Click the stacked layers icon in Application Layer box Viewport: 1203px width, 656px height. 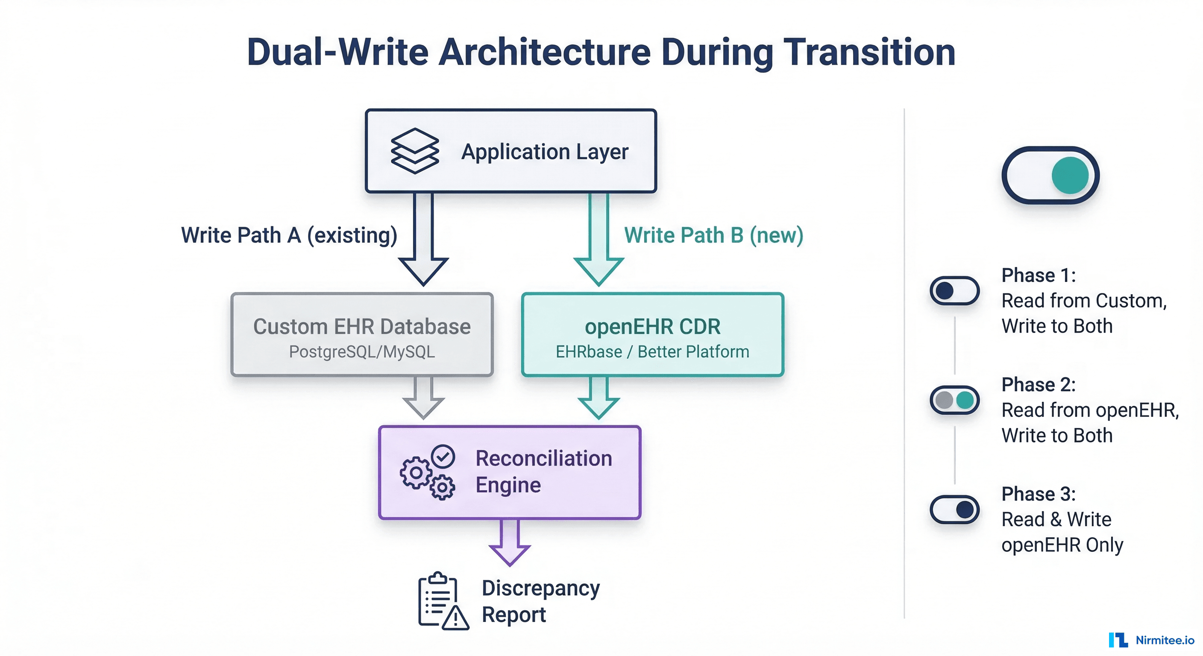click(415, 151)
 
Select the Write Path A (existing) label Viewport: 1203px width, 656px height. click(289, 235)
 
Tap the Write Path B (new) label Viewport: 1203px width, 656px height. click(713, 235)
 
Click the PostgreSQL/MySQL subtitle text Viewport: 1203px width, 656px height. click(362, 351)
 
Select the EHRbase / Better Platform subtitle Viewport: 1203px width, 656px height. click(652, 351)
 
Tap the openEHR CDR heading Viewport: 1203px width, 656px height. click(652, 326)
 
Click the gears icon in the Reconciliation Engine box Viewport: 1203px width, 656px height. click(427, 472)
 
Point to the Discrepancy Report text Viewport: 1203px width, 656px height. click(540, 601)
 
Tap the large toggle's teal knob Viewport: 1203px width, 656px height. click(1070, 176)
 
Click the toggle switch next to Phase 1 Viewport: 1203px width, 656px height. click(954, 291)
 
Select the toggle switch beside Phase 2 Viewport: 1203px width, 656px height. click(954, 400)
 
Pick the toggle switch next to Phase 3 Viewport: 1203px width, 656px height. click(954, 510)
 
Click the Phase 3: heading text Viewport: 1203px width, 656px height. click(1038, 494)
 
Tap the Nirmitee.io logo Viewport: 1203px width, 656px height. click(1151, 640)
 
